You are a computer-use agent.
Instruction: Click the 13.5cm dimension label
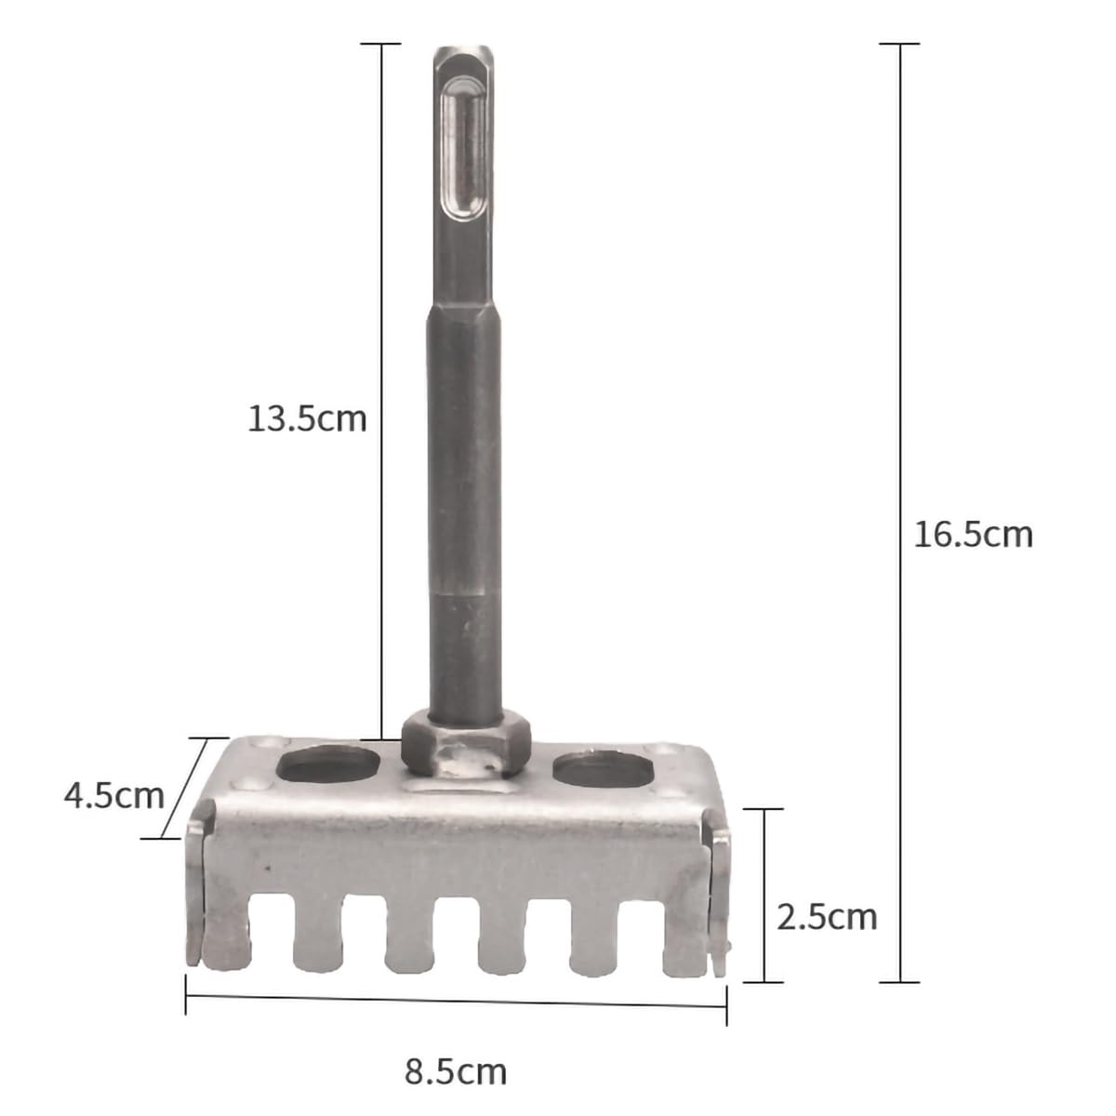click(307, 418)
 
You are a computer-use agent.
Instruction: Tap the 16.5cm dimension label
click(973, 534)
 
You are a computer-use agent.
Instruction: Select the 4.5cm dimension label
click(114, 796)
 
